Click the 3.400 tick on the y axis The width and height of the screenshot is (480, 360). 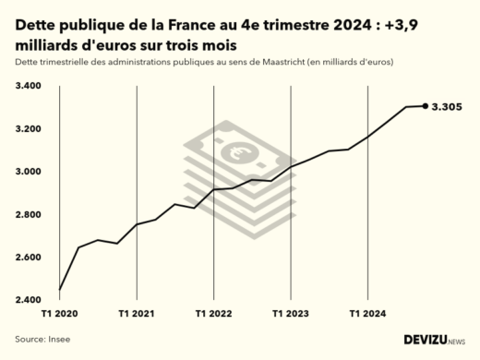click(28, 86)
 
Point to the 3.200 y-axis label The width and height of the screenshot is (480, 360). click(28, 128)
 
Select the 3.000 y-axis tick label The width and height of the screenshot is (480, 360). click(28, 172)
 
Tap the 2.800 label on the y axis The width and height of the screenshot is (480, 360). click(28, 214)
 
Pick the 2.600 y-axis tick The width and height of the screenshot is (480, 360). click(28, 258)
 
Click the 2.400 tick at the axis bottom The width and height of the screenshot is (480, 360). click(28, 300)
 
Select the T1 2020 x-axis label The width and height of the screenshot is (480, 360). click(59, 315)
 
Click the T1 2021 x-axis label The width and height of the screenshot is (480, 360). click(137, 315)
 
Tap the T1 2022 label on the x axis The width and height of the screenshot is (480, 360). click(213, 315)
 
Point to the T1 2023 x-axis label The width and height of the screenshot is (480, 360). click(291, 315)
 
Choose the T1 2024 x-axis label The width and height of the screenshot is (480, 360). click(367, 315)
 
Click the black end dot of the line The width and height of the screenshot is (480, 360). click(426, 106)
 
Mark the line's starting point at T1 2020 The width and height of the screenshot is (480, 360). click(59, 290)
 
